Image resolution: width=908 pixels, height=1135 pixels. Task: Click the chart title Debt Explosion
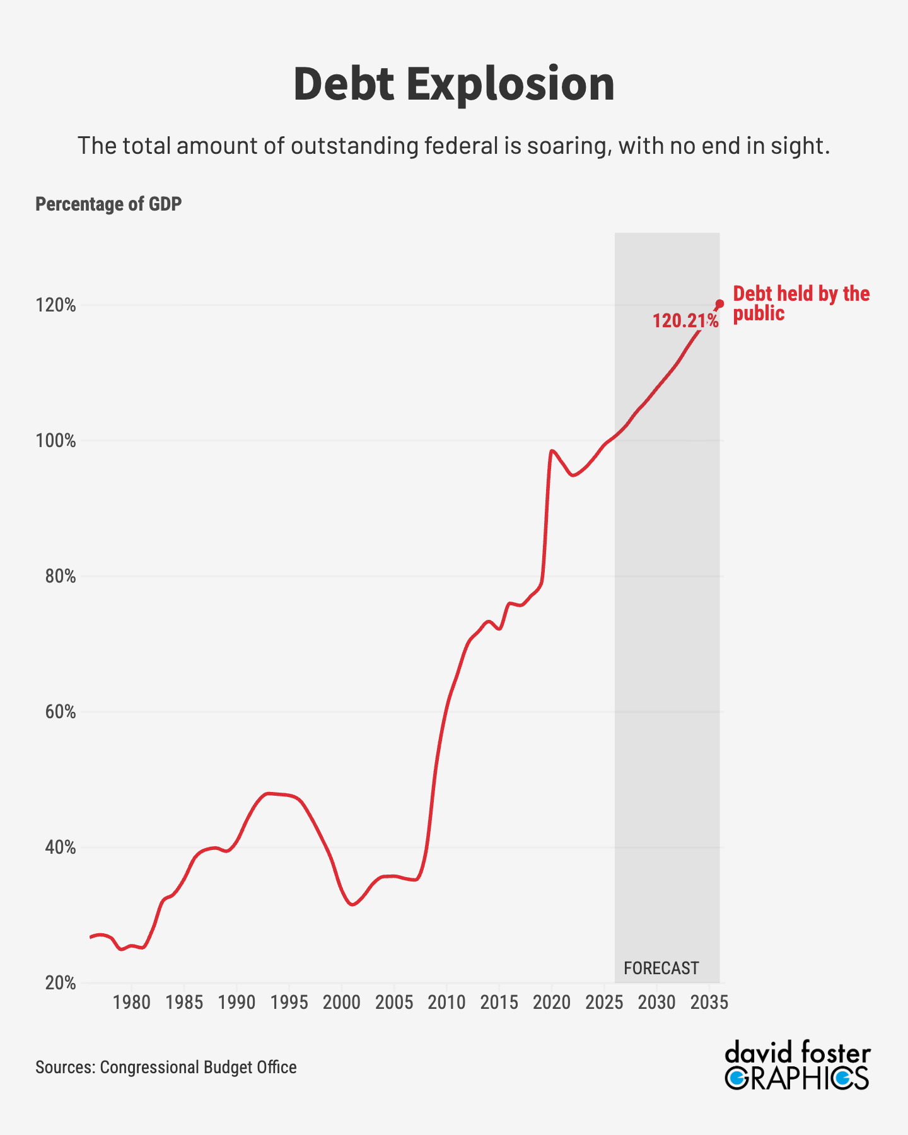point(454,84)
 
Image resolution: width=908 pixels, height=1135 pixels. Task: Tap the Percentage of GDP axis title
point(108,204)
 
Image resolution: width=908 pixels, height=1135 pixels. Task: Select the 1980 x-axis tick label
point(132,1003)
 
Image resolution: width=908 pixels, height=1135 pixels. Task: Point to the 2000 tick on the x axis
point(342,1003)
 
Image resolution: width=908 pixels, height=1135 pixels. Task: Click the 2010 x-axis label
point(446,1003)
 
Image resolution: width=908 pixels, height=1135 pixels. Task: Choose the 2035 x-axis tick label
point(709,1003)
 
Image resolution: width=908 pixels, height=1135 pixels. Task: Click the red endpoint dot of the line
point(720,303)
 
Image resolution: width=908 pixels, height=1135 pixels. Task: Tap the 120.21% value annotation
point(685,321)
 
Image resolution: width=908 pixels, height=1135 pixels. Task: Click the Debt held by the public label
point(801,303)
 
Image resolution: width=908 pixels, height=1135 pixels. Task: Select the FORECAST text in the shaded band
point(661,968)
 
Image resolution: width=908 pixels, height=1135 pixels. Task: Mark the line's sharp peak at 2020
point(552,451)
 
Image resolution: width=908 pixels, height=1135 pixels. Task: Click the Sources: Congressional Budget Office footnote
point(166,1067)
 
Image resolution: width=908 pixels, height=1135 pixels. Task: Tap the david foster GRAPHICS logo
point(798,1067)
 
